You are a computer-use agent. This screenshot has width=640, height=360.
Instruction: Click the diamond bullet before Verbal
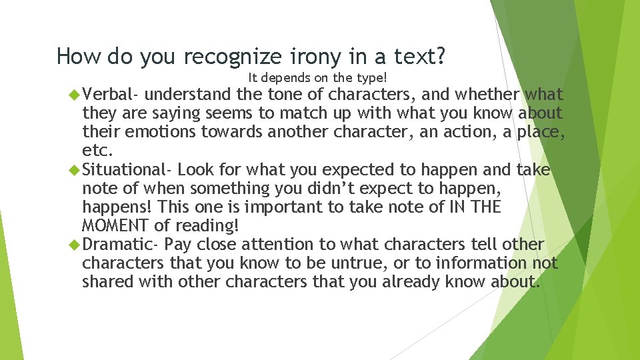coord(74,95)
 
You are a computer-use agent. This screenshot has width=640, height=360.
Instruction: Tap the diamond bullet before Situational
coord(74,170)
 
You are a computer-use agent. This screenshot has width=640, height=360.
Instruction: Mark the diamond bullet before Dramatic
coord(74,245)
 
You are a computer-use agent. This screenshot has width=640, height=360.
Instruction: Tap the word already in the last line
coord(414,282)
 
